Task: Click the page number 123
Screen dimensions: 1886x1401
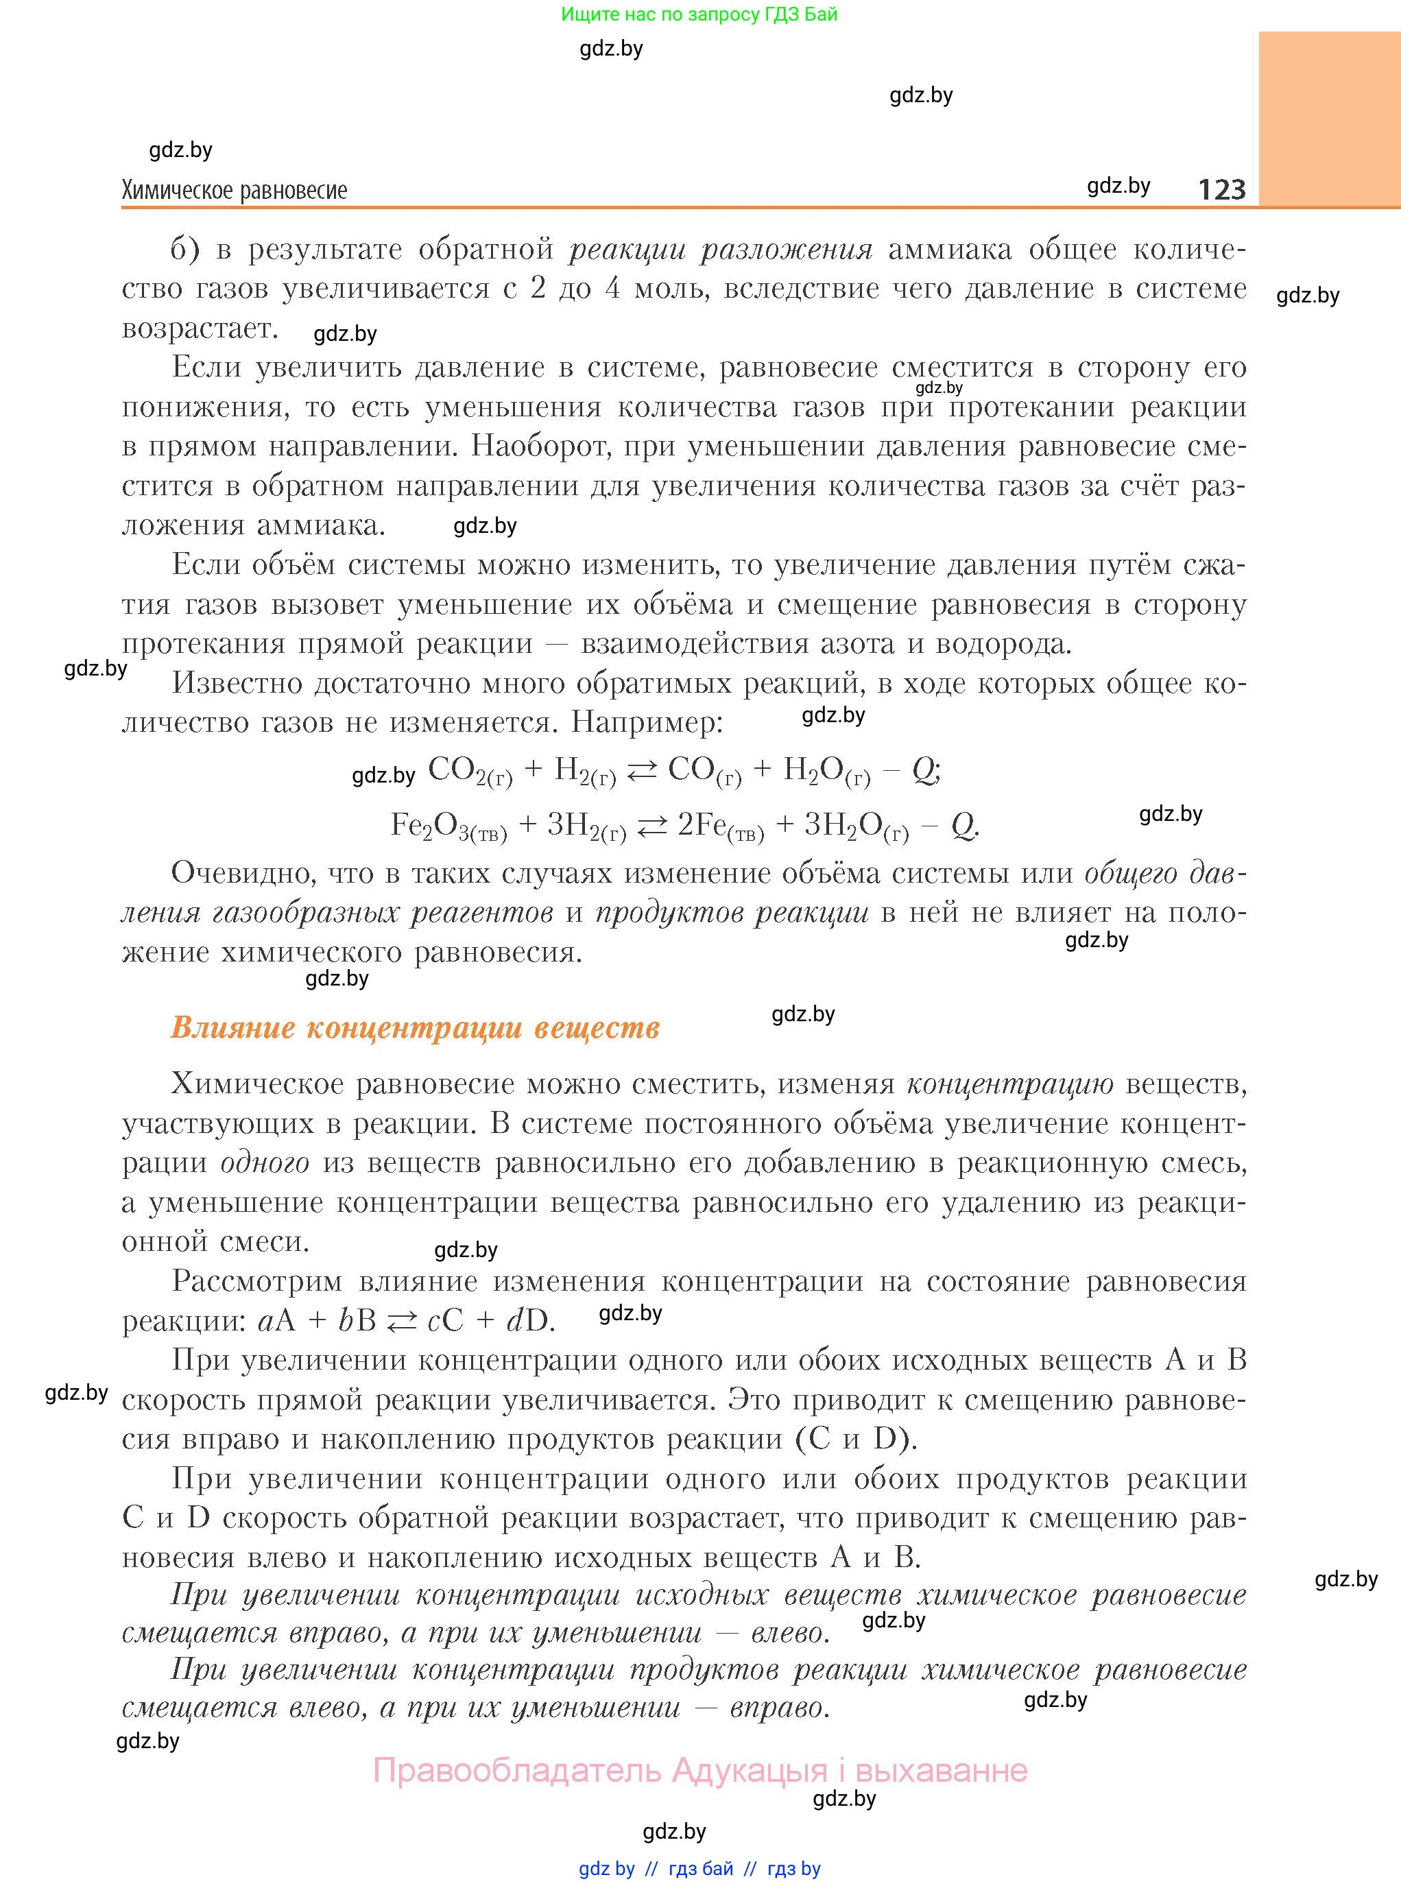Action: [x=1221, y=189]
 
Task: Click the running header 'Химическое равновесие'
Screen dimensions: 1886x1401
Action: [x=234, y=190]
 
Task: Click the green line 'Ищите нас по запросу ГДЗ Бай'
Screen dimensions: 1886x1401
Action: [x=699, y=14]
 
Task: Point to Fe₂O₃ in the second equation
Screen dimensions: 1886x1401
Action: [x=448, y=825]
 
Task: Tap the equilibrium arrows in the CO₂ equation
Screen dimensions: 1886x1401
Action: [x=641, y=771]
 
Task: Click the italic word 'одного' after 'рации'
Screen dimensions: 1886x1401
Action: [x=265, y=1162]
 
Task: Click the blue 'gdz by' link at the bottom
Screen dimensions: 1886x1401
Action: [x=606, y=1868]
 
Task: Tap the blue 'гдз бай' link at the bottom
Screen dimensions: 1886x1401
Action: [x=701, y=1868]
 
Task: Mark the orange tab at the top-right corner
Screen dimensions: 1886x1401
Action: [x=1329, y=119]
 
